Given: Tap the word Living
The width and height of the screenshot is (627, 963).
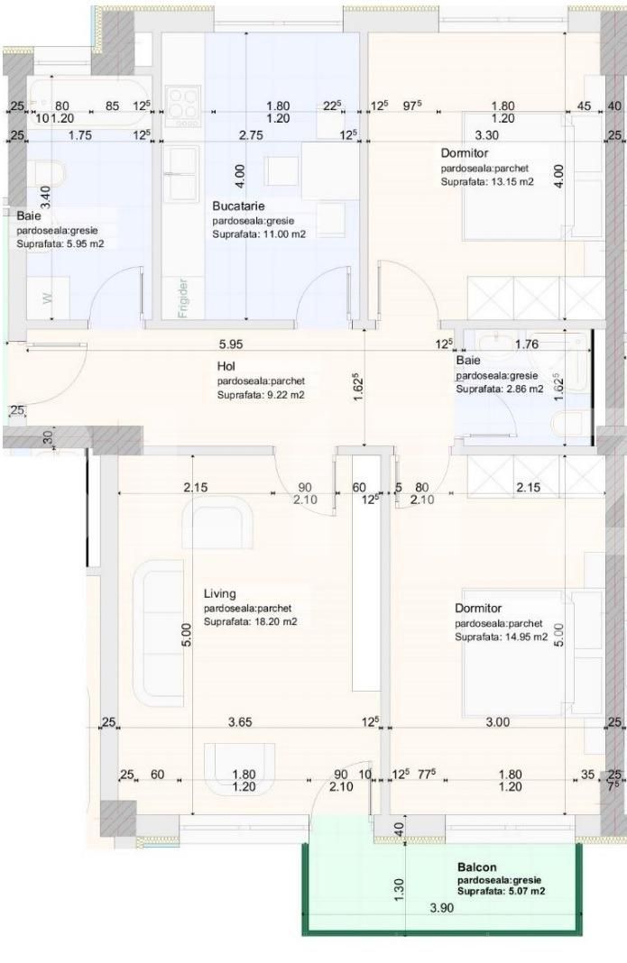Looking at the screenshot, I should pos(219,594).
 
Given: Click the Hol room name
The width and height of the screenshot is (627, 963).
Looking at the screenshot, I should pos(226,367).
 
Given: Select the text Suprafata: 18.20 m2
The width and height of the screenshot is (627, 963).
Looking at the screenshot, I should pos(250,622).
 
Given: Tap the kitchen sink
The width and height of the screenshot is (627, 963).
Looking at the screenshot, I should pos(183,164).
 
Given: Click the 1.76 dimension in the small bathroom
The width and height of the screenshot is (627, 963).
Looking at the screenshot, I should pos(526,344).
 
